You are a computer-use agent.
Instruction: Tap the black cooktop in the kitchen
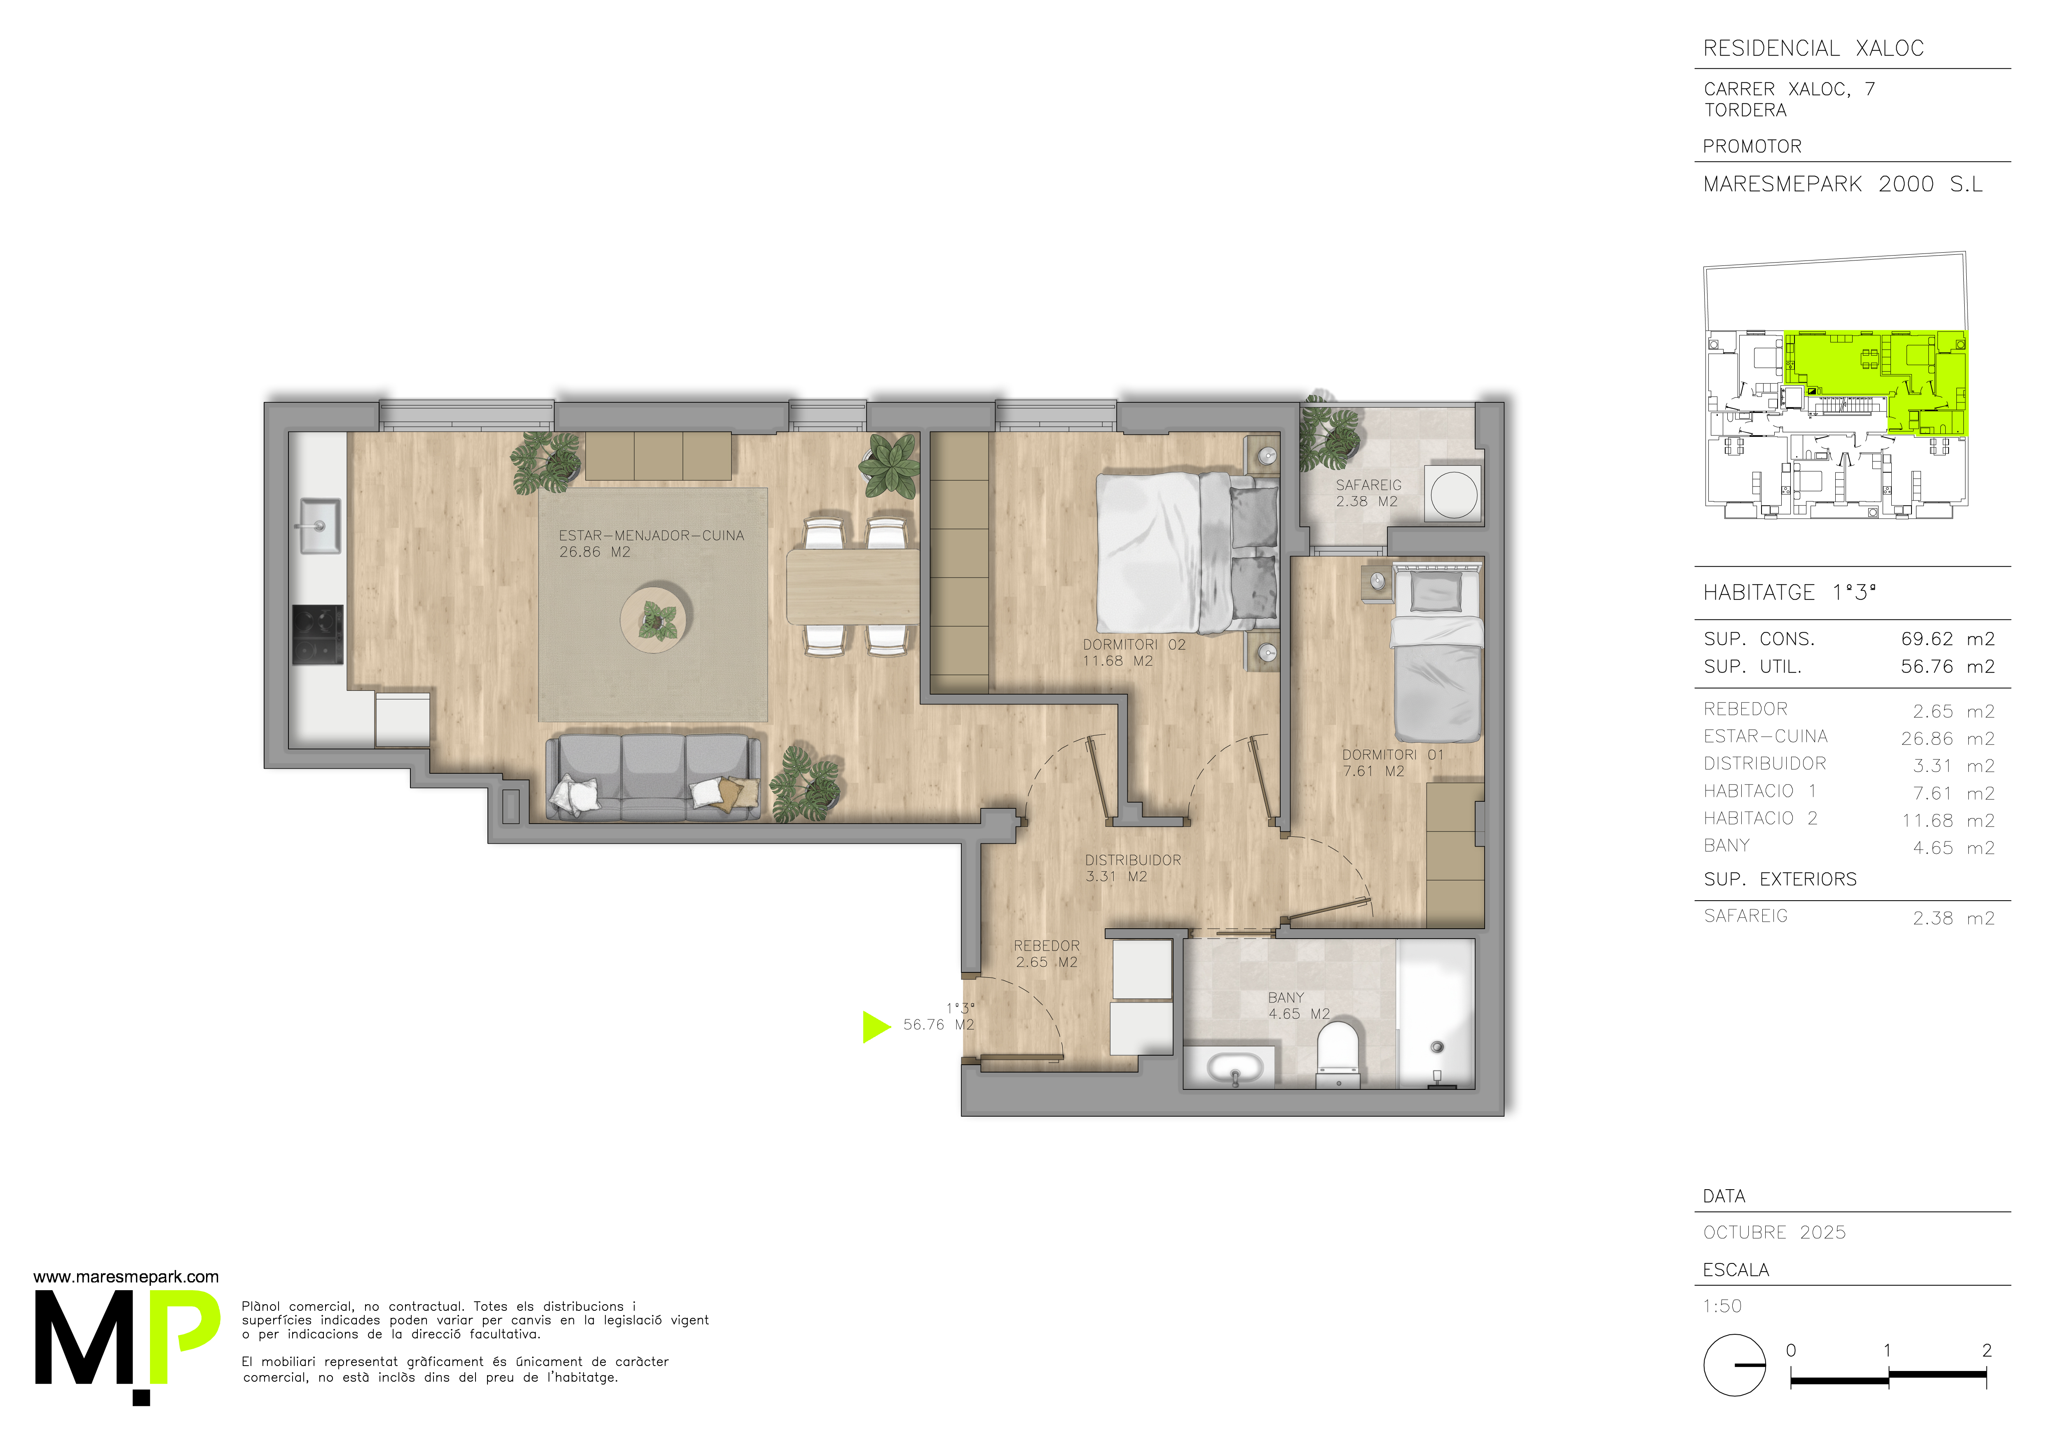318,634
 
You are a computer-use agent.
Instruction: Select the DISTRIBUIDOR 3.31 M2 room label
1133,868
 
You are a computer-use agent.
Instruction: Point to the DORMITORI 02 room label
1134,652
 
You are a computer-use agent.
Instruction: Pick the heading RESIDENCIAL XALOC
1813,48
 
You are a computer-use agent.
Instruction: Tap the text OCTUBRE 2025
1774,1232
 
